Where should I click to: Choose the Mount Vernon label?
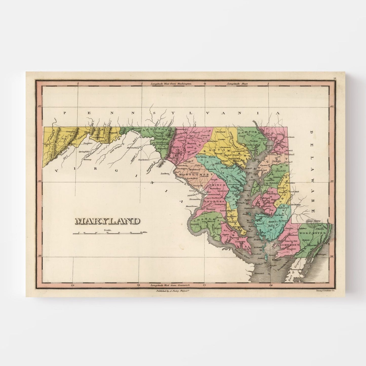[191, 206]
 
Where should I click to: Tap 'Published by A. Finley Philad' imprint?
[173, 291]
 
